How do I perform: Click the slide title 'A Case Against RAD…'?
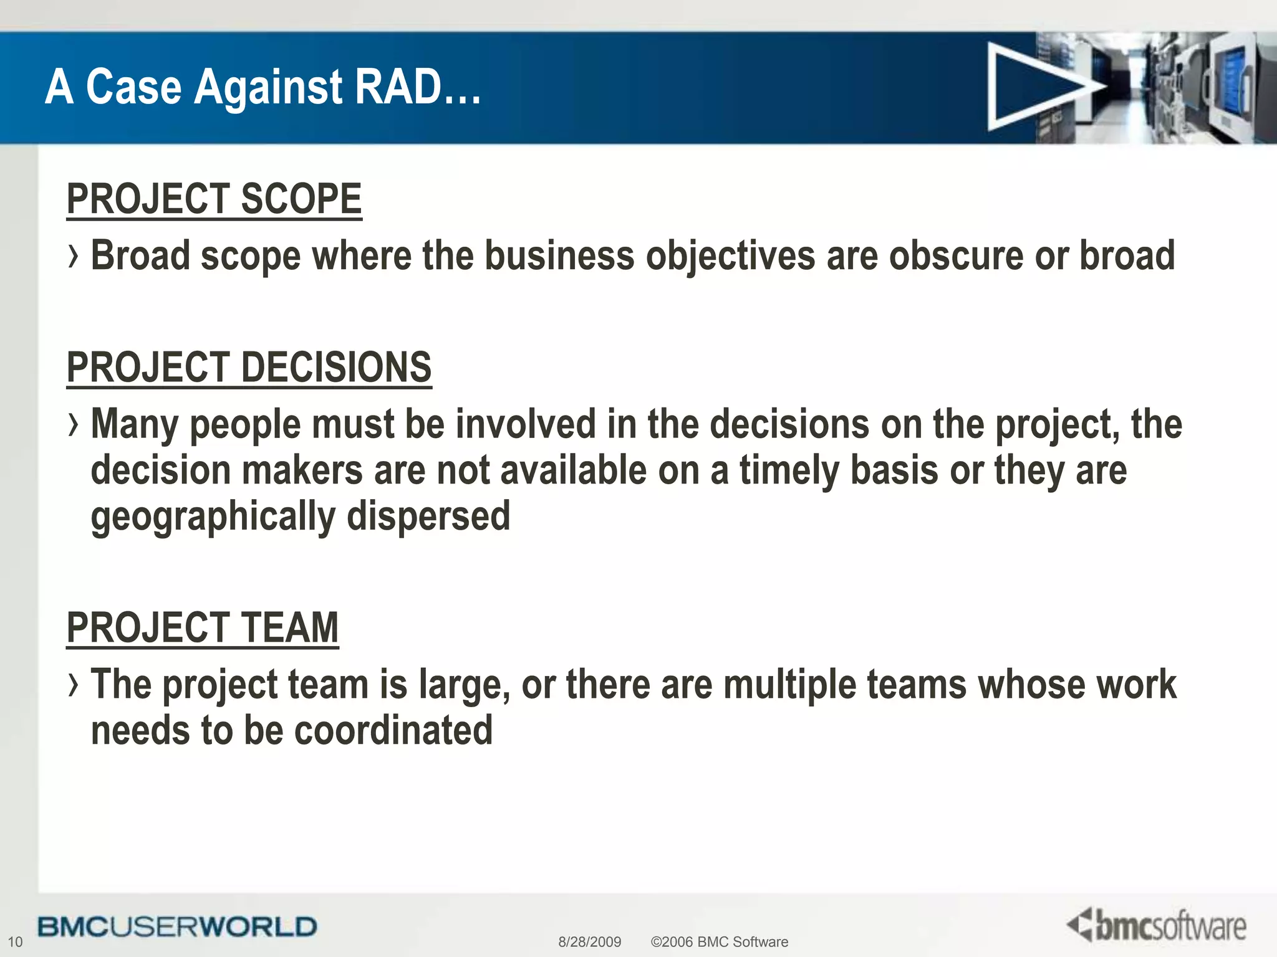(x=263, y=87)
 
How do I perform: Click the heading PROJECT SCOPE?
(x=214, y=199)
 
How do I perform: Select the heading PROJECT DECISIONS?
(x=249, y=368)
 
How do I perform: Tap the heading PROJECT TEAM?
(x=203, y=628)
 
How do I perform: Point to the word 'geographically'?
(x=213, y=517)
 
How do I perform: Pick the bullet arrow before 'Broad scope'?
(x=74, y=257)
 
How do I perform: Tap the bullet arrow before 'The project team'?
(x=74, y=685)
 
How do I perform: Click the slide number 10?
(x=15, y=942)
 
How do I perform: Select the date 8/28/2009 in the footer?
(x=589, y=942)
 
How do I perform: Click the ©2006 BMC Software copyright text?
(x=719, y=942)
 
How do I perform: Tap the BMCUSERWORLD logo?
(x=177, y=927)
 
